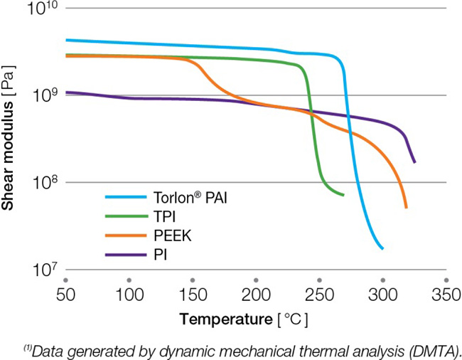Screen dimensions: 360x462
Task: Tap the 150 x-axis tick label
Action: (192, 295)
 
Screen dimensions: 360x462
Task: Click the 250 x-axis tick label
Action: (318, 295)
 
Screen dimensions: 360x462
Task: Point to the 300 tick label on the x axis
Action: (382, 295)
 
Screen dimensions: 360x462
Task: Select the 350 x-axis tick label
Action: (445, 295)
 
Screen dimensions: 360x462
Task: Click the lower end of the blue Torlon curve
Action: (382, 248)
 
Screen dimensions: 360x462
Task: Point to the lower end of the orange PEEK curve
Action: (406, 207)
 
